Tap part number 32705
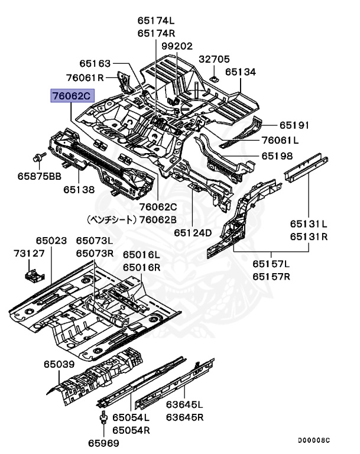coord(214,59)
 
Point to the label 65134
coord(240,72)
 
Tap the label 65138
coord(79,190)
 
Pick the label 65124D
coord(193,232)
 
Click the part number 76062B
coord(158,219)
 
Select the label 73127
coord(29,254)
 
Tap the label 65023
coord(51,241)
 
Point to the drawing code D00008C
coord(313,440)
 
